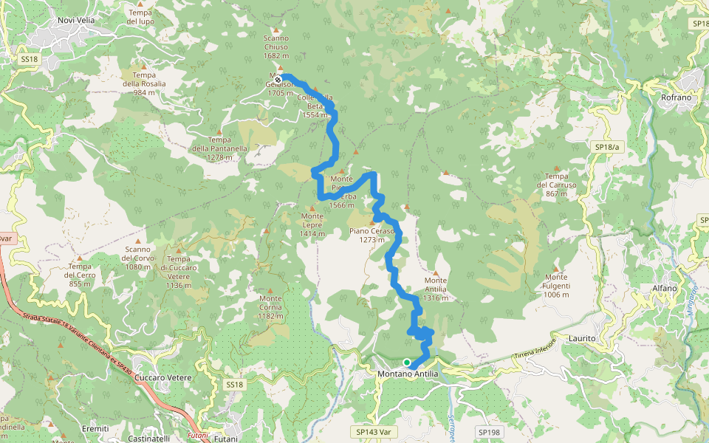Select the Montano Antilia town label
coord(408,374)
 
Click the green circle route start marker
coord(407,362)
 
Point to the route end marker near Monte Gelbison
coord(278,79)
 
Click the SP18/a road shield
coord(609,148)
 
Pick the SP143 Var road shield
coord(369,430)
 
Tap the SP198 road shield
coord(488,432)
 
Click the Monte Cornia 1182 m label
coord(271,306)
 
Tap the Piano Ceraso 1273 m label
coord(373,235)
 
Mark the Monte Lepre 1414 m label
coord(312,224)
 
